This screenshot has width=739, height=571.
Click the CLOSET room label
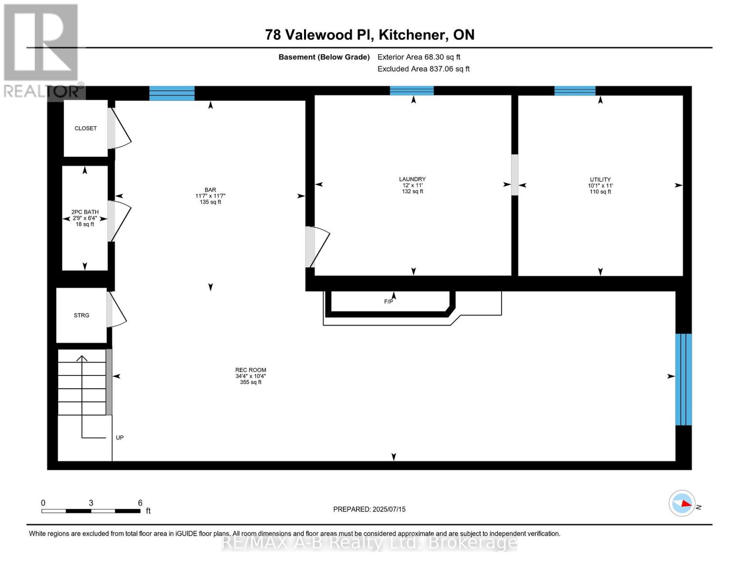pos(86,128)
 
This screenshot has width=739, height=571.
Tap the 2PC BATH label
pos(85,212)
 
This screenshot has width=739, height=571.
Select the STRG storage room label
pos(81,315)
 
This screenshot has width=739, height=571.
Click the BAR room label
pos(210,190)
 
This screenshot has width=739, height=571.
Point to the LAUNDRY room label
pos(412,179)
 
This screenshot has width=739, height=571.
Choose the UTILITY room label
pos(600,180)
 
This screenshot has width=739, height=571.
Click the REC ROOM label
pos(251,370)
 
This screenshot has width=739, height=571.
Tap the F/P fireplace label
pos(389,302)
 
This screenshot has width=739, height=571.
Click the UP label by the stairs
pos(120,438)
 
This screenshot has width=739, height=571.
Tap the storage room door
pos(117,309)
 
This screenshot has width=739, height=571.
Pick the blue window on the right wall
pos(683,379)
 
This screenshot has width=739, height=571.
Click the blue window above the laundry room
pos(412,91)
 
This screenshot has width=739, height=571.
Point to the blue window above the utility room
pos(575,91)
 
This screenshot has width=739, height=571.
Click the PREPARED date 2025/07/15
pos(369,509)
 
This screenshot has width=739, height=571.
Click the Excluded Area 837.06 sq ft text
pos(424,69)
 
